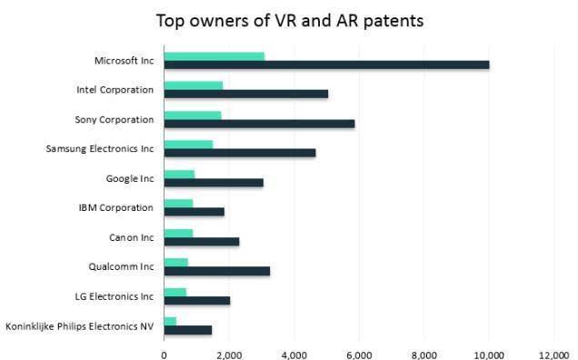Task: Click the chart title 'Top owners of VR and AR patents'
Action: pos(289,20)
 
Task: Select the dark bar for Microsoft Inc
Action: pos(326,65)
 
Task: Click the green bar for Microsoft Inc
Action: pos(214,55)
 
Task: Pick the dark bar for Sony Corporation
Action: pos(259,124)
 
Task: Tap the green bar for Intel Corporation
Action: pos(194,85)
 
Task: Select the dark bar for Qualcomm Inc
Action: pos(217,271)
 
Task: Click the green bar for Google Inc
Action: pos(179,174)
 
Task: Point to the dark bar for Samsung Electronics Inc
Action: pos(240,153)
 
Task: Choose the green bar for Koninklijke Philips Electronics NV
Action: pos(170,321)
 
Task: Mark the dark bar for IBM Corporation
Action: pos(194,212)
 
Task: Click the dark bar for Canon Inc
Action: pos(202,242)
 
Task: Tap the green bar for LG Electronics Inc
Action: pos(175,292)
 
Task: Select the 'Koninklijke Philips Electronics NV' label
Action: pos(80,325)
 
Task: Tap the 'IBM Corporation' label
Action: pos(116,208)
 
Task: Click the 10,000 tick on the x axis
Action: pos(489,352)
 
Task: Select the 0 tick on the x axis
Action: pos(164,352)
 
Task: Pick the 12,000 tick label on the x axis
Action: pos(553,352)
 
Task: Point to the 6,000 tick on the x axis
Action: pos(359,352)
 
